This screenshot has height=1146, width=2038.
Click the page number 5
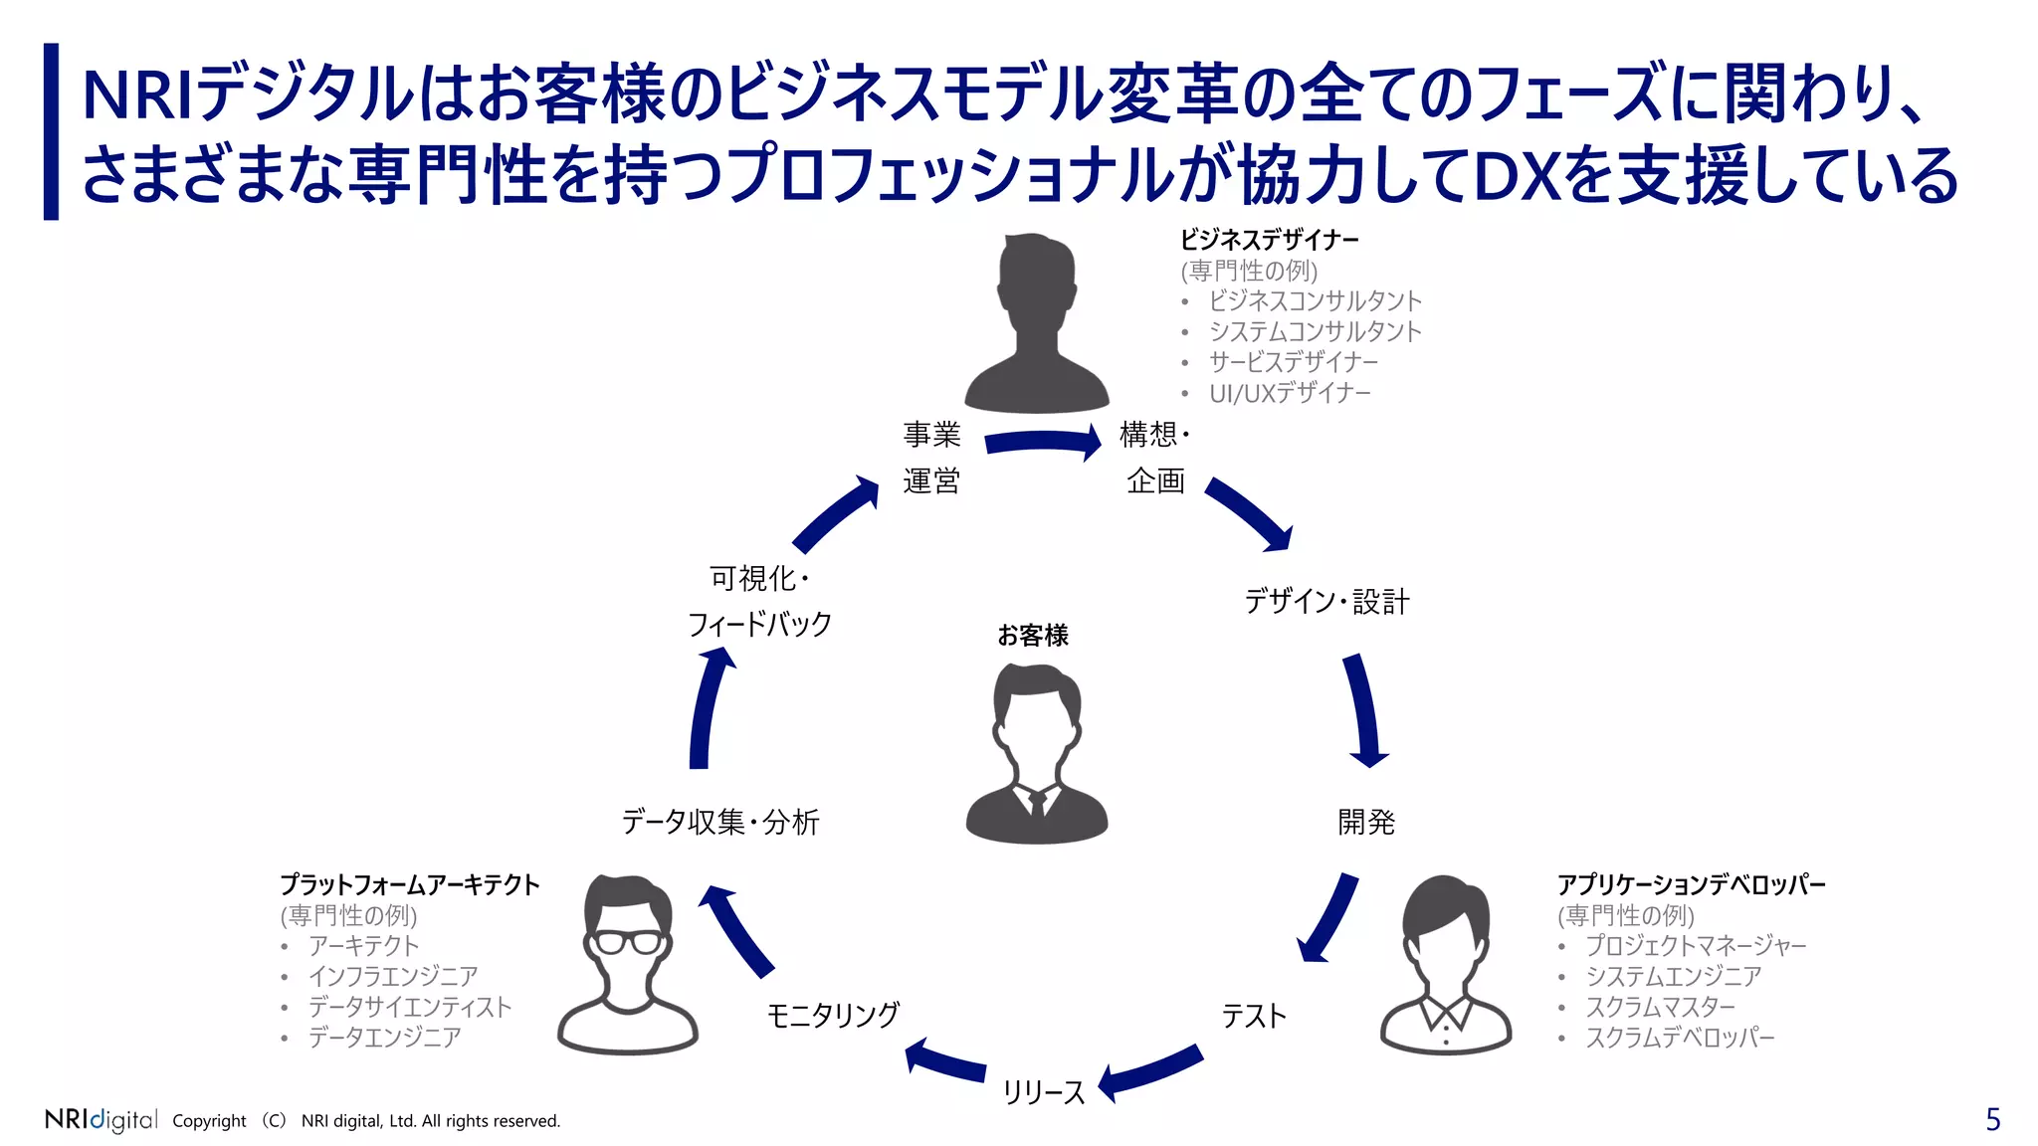pyautogui.click(x=1992, y=1119)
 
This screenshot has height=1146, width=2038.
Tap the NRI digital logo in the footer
pyautogui.click(x=101, y=1119)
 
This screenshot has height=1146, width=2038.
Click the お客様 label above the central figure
pyautogui.click(x=1033, y=635)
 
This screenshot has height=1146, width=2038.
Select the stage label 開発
pyautogui.click(x=1365, y=822)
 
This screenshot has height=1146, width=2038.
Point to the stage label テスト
pyautogui.click(x=1254, y=1016)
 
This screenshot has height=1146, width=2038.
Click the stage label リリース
pyautogui.click(x=1043, y=1092)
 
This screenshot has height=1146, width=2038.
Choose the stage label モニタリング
pyautogui.click(x=833, y=1015)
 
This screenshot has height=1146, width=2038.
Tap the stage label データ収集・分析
pyautogui.click(x=720, y=822)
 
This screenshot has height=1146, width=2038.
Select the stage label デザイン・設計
pyautogui.click(x=1326, y=601)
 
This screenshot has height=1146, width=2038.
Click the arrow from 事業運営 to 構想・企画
pyautogui.click(x=1043, y=442)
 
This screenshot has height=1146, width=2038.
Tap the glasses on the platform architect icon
pyautogui.click(x=627, y=941)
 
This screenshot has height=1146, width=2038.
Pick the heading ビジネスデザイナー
pyautogui.click(x=1269, y=240)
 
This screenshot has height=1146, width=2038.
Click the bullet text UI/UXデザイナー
pyautogui.click(x=1290, y=393)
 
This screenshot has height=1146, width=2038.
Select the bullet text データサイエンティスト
pyautogui.click(x=409, y=1007)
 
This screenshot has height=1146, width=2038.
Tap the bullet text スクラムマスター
pyautogui.click(x=1660, y=1007)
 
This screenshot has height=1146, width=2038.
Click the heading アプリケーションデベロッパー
pyautogui.click(x=1691, y=884)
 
